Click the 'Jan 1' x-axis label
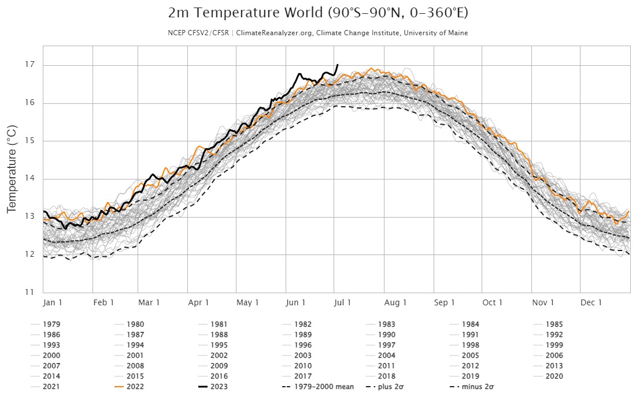53,302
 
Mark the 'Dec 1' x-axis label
592,302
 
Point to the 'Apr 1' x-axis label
199,302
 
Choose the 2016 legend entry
219,376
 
